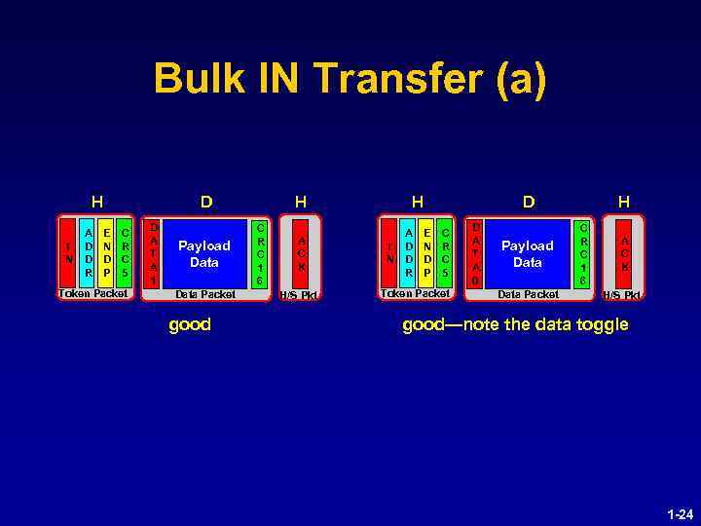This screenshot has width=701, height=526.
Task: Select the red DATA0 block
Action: pos(476,253)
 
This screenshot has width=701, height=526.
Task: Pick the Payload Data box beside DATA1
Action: pos(204,254)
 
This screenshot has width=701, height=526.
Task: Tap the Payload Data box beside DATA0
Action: pos(527,254)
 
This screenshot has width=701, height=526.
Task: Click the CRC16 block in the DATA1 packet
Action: pos(260,253)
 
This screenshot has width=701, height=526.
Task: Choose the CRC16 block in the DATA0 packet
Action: pos(583,253)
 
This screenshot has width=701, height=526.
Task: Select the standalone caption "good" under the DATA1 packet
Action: pos(190,325)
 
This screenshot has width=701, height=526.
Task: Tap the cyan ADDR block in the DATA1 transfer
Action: pos(89,253)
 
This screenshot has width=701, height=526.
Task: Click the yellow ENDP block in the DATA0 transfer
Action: pos(428,253)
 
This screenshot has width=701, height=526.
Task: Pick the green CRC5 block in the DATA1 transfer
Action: pos(124,253)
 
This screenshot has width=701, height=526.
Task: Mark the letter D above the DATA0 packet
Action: pos(528,203)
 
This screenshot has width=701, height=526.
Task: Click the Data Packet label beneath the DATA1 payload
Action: pos(204,294)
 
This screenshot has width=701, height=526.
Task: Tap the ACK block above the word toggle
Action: pos(624,253)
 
